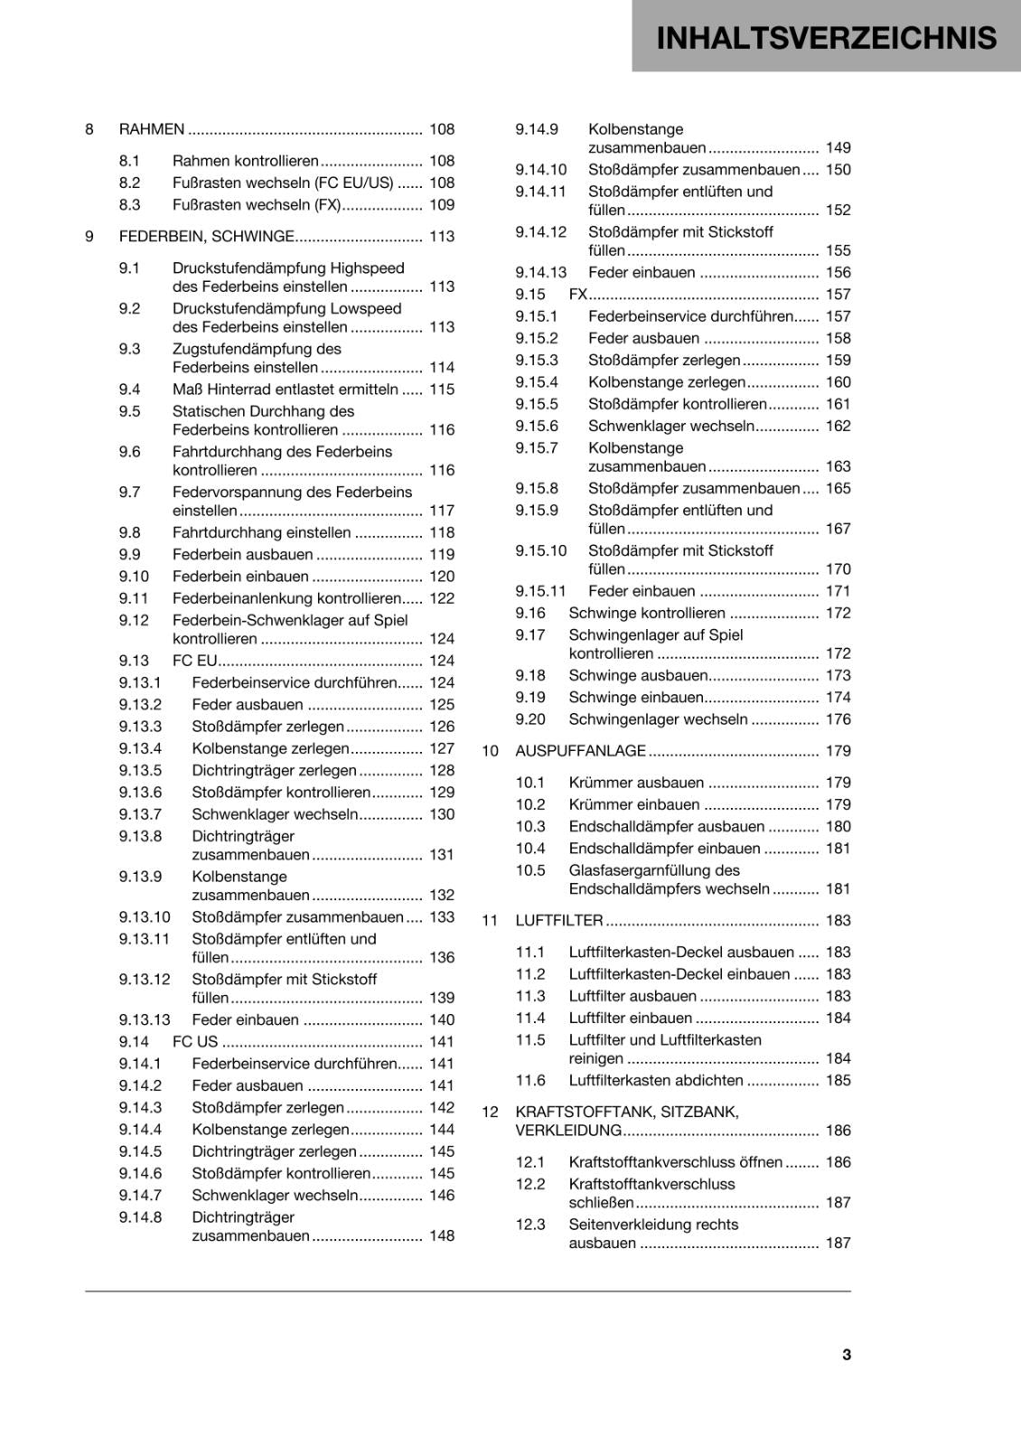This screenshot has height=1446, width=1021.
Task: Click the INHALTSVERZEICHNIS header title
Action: coord(826,38)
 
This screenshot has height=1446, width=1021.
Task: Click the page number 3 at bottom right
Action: coord(846,1354)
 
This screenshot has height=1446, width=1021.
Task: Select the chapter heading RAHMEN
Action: coord(152,129)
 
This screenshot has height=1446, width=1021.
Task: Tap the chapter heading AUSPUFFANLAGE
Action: coord(580,751)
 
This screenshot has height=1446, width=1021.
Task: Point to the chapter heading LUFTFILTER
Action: coord(558,920)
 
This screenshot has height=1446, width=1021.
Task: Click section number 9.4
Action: coord(129,390)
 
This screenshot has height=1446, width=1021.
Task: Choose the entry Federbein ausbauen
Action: coord(242,554)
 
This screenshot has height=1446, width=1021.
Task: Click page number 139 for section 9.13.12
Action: coord(442,998)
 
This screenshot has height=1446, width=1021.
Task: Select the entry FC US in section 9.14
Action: coord(195,1042)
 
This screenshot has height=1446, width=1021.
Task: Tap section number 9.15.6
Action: coord(537,426)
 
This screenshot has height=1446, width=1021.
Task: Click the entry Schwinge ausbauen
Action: coord(638,675)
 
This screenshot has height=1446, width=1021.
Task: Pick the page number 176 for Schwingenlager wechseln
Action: coord(838,719)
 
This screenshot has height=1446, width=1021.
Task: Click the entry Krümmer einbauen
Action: coord(634,804)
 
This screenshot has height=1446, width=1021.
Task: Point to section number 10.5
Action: coord(530,870)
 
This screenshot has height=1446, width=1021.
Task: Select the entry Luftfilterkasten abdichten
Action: coord(656,1080)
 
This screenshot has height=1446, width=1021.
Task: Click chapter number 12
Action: coord(490,1112)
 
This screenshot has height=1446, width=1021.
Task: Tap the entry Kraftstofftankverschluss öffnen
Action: coord(675,1162)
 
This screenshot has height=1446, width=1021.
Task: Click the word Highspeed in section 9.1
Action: coord(367,268)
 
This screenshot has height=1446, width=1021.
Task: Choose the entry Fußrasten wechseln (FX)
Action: coord(257,205)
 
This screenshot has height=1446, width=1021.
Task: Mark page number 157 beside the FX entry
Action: coord(838,295)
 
